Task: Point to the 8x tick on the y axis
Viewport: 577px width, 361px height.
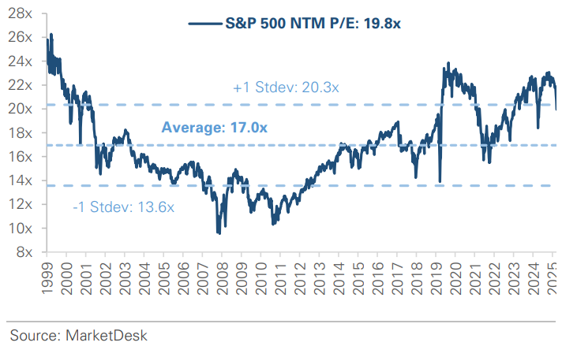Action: click(24, 252)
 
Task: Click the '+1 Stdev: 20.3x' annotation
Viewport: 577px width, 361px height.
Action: click(285, 88)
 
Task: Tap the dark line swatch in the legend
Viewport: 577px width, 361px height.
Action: click(208, 24)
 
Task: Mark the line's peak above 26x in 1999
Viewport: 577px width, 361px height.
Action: click(51, 35)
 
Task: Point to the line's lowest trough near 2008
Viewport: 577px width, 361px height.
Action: click(218, 233)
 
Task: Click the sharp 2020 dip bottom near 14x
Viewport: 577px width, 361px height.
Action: click(440, 181)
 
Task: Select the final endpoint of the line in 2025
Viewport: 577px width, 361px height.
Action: click(556, 110)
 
